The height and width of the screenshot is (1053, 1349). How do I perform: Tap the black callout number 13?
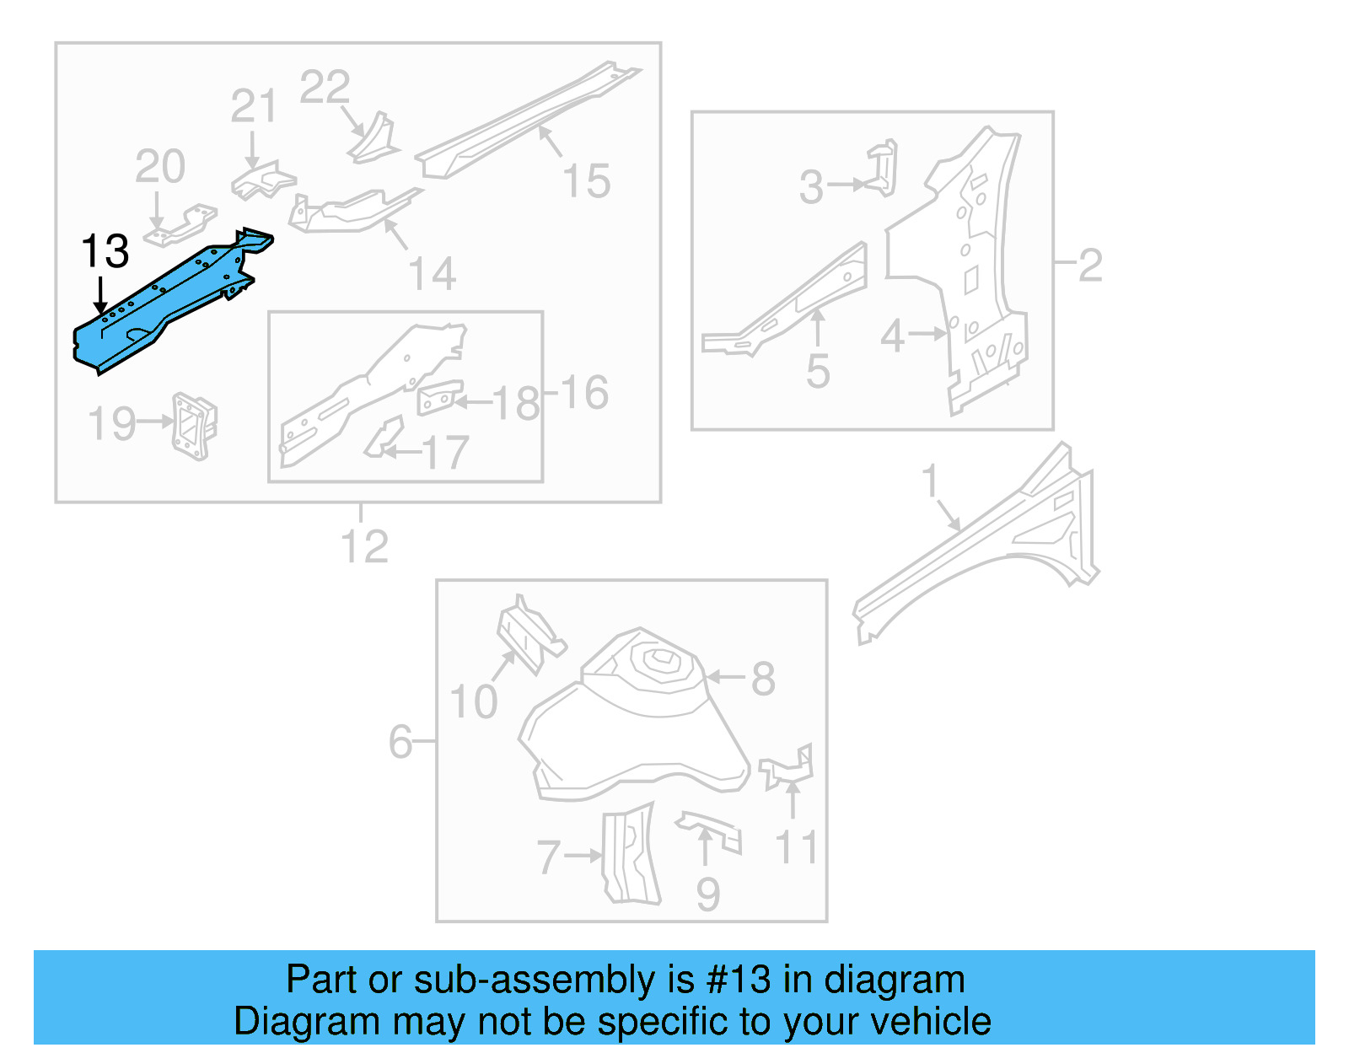tap(105, 251)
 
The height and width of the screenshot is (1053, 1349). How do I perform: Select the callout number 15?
tap(586, 181)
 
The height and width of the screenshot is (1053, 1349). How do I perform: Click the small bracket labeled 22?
tap(375, 140)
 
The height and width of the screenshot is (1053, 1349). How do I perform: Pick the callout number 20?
tap(160, 166)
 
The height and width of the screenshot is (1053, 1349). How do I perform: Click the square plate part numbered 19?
tap(195, 426)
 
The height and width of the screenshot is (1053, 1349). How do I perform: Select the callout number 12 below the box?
tap(364, 547)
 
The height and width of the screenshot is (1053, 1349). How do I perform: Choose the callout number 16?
tap(583, 393)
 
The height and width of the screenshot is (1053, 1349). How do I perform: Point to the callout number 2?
tap(1089, 266)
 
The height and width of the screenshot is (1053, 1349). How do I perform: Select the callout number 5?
tap(818, 371)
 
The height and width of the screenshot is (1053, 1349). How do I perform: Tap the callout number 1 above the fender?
tap(929, 481)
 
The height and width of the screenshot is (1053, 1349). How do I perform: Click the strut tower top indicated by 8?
tap(658, 666)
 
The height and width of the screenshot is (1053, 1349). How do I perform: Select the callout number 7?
tap(549, 857)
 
